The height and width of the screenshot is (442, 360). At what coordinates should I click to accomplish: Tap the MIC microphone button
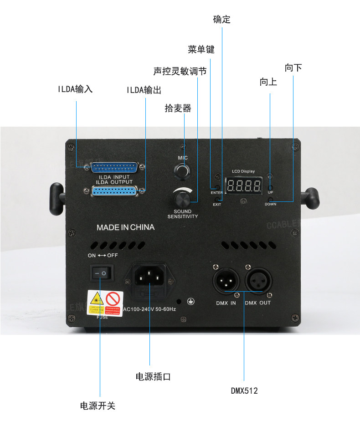pyautogui.click(x=183, y=171)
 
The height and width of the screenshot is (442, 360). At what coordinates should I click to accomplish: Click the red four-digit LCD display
pyautogui.click(x=244, y=186)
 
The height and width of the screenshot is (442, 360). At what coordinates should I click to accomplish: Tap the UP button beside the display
pyautogui.click(x=270, y=187)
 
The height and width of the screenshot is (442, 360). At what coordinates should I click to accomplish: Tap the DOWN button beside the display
pyautogui.click(x=270, y=199)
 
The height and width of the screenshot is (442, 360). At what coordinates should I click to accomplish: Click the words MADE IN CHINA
pyautogui.click(x=125, y=227)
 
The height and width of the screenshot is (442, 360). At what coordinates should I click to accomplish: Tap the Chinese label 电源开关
pyautogui.click(x=98, y=406)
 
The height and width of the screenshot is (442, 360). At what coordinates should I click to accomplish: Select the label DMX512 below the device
pyautogui.click(x=244, y=391)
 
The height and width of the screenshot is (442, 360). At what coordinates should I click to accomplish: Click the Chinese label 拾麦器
pyautogui.click(x=178, y=108)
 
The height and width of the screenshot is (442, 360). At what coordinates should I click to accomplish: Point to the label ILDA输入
pyautogui.click(x=75, y=89)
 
